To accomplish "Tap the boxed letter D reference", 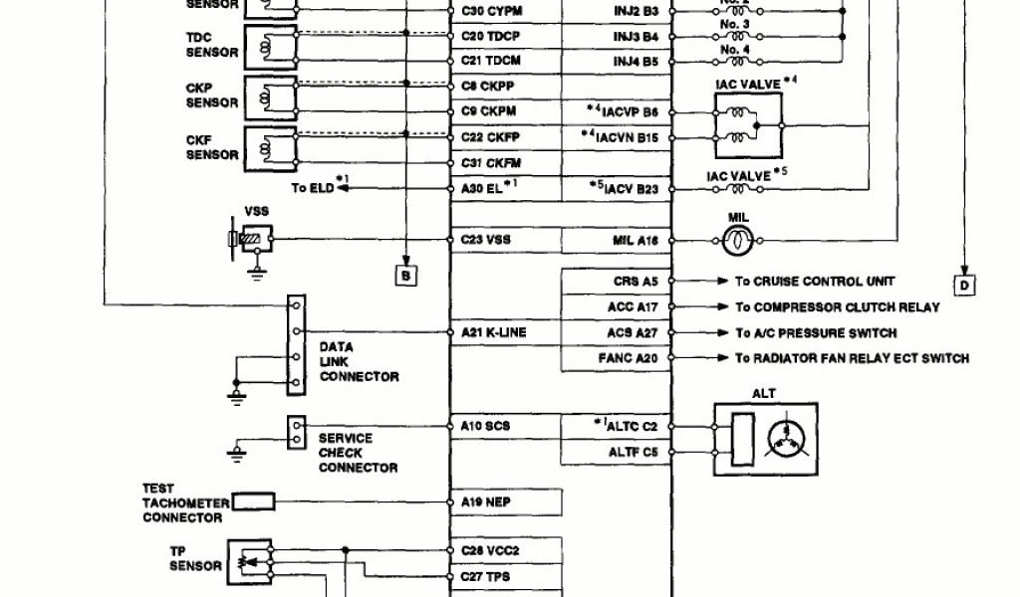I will (x=964, y=287).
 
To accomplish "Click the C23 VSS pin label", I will (x=486, y=240).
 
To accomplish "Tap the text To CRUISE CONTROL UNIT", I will (x=815, y=282).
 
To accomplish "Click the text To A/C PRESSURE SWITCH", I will (x=816, y=333).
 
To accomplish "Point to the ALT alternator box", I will (x=765, y=438).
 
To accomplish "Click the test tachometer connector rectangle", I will (x=253, y=502).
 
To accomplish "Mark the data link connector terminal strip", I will (x=295, y=344).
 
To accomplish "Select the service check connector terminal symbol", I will (x=295, y=430).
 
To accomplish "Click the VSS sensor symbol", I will (x=250, y=240).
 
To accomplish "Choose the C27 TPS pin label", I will (x=486, y=576).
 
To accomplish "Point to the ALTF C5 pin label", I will (x=633, y=451).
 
